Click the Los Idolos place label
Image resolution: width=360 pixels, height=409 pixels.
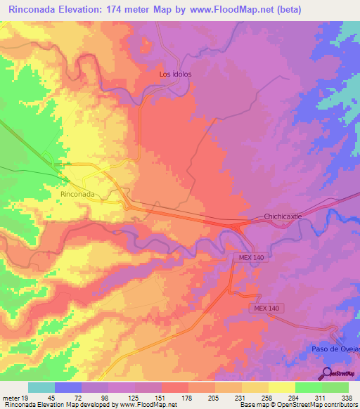175,74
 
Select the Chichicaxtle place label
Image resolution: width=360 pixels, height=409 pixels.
283,216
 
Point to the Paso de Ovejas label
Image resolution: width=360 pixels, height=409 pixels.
334,349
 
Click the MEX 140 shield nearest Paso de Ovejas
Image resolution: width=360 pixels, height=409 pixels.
267,309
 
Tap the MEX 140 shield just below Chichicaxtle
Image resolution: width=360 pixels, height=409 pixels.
249,259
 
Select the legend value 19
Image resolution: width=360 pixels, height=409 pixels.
25,398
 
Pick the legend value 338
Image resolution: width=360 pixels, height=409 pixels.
347,398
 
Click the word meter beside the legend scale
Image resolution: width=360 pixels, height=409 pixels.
11,398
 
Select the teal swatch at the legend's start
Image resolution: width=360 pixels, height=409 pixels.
41,387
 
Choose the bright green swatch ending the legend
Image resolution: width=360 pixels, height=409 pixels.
335,387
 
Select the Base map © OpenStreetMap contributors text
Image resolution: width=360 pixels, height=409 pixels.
297,405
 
